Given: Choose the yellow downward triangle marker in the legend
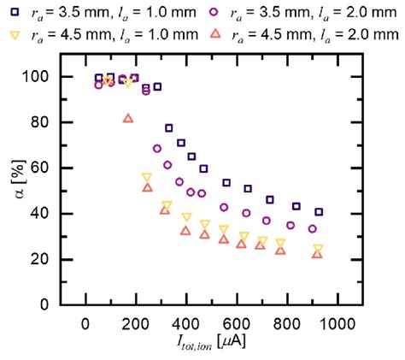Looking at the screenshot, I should pos(13,34).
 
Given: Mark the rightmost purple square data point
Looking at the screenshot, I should pos(319,211).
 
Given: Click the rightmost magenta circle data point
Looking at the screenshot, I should pos(313,228).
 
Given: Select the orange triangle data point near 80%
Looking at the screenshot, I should pos(128,118).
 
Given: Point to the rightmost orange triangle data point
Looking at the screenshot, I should pos(317,254).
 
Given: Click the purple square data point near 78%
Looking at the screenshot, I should pos(169,127).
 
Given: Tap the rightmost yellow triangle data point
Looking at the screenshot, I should pos(318,249).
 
